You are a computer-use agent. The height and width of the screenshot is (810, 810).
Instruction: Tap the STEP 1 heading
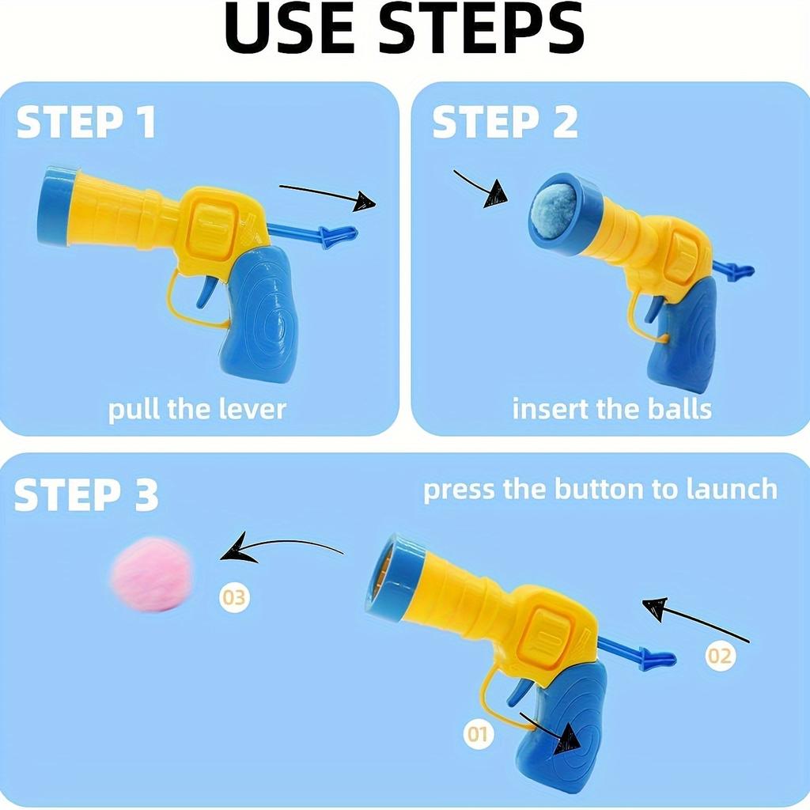tap(86, 123)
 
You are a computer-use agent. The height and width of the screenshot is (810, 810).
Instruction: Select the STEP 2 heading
tap(505, 123)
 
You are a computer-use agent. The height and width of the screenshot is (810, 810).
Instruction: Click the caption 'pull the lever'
tap(197, 409)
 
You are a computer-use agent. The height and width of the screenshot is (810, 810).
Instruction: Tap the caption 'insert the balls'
tap(611, 409)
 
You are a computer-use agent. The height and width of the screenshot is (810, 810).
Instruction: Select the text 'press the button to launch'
tap(600, 490)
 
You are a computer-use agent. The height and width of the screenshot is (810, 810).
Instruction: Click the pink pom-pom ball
tap(153, 575)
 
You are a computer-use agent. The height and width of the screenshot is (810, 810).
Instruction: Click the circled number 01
tap(477, 734)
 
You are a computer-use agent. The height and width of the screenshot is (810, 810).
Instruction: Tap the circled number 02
tap(720, 655)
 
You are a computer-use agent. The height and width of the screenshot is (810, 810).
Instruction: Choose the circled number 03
tap(234, 597)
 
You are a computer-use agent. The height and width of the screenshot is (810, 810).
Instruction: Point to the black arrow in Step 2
tap(481, 187)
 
